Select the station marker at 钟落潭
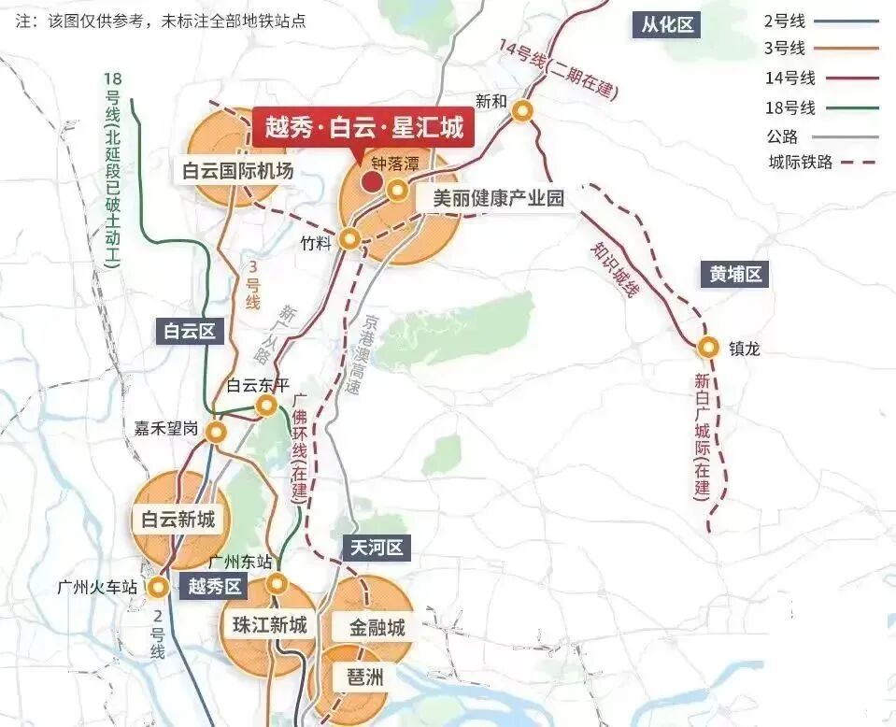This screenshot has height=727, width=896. pyautogui.click(x=398, y=192)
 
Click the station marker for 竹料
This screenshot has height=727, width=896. pyautogui.click(x=349, y=239)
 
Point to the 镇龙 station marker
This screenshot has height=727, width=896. pyautogui.click(x=709, y=348)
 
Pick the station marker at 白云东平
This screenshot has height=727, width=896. pyautogui.click(x=266, y=405)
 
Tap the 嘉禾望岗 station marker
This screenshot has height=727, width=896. pyautogui.click(x=217, y=432)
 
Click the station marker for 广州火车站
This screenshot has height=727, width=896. pyautogui.click(x=159, y=588)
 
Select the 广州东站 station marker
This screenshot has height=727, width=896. pyautogui.click(x=277, y=584)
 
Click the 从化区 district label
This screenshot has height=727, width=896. pyautogui.click(x=668, y=24)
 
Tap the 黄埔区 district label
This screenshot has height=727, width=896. pyautogui.click(x=735, y=274)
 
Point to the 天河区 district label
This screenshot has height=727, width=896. pyautogui.click(x=377, y=548)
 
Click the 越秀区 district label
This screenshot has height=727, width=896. pyautogui.click(x=215, y=587)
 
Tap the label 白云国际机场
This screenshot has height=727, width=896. pyautogui.click(x=238, y=171)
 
